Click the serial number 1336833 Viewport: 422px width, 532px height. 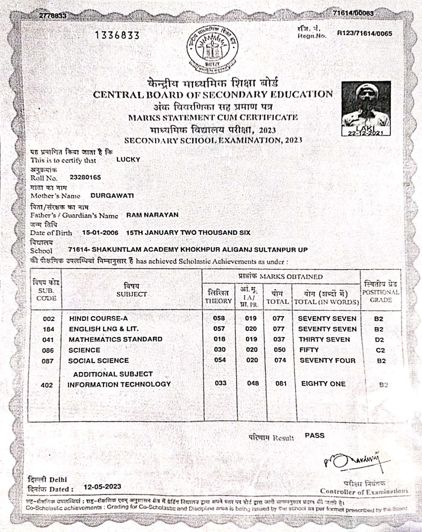tap(118, 35)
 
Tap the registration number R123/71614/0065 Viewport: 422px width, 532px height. tap(364, 33)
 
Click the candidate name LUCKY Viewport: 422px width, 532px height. tap(128, 160)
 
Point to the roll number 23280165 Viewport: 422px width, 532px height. tap(85, 177)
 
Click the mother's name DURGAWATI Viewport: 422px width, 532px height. tap(112, 195)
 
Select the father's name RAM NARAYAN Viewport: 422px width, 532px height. tap(152, 215)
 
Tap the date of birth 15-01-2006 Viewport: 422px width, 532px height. tap(100, 233)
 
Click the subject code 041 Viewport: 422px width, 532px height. tap(48, 340)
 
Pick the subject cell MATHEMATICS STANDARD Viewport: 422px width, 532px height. tap(115, 339)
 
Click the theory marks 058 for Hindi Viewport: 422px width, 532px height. tap(219, 318)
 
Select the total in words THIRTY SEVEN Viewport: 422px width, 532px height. tap(324, 340)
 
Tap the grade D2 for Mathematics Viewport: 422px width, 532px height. tap(379, 340)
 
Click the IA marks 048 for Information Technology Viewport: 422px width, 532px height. tap(253, 383)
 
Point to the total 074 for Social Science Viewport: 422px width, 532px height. tap(280, 360)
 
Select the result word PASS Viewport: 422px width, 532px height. tap(314, 436)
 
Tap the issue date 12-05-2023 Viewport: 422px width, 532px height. tap(102, 487)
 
